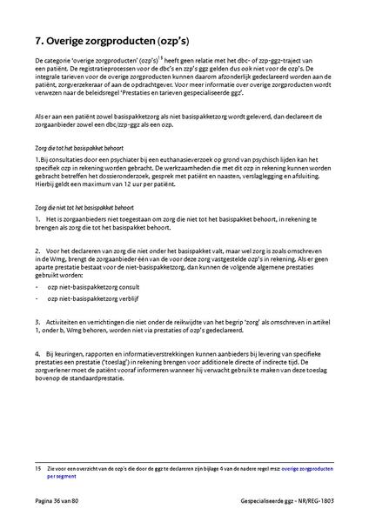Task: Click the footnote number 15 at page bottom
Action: pos(39,468)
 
